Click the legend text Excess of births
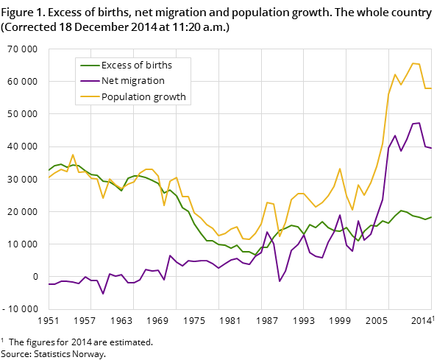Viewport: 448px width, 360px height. (136, 65)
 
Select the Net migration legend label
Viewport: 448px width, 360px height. (132, 80)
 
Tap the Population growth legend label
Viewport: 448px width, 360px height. (143, 96)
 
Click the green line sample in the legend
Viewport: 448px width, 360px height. (89, 65)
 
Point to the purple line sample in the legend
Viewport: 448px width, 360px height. (89, 80)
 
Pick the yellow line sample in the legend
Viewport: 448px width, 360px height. (89, 96)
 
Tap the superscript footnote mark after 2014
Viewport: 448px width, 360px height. (433, 317)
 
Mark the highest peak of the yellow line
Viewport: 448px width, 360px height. (413, 63)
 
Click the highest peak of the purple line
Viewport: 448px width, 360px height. (419, 123)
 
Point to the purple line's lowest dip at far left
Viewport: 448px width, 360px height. (103, 294)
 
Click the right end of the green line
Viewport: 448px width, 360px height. (431, 217)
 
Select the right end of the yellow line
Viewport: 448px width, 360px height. (431, 88)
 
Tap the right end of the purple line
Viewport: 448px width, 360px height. (431, 148)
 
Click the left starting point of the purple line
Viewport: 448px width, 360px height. (49, 284)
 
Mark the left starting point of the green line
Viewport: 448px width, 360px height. (49, 170)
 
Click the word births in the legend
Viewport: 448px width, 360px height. (158, 65)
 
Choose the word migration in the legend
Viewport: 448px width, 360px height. (144, 80)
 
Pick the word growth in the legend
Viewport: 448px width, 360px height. (170, 96)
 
